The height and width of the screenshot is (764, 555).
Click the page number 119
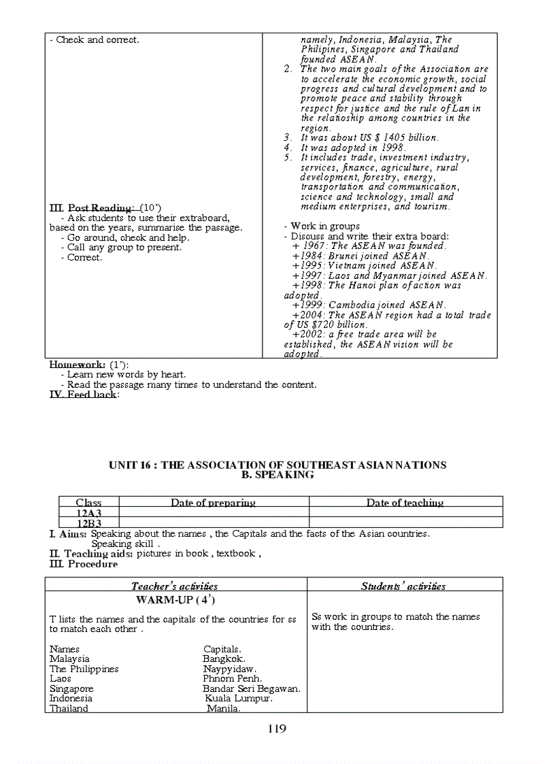tap(277, 729)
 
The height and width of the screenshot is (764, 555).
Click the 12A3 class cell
tap(88, 513)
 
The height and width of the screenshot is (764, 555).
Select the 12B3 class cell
tap(88, 523)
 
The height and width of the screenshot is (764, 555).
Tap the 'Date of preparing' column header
tap(213, 503)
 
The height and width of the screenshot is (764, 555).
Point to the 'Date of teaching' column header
tap(405, 503)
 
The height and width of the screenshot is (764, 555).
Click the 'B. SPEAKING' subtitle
tap(277, 475)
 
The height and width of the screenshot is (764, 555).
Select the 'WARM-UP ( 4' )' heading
tap(175, 599)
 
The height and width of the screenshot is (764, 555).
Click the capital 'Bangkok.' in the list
tap(224, 659)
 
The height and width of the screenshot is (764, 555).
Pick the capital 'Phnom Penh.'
tap(232, 678)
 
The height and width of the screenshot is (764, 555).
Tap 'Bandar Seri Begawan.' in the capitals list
tap(251, 688)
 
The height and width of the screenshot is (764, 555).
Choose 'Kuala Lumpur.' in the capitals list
tap(239, 698)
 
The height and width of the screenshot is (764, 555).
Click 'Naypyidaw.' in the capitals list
tap(229, 669)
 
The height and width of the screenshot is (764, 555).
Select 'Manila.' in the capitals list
tap(224, 708)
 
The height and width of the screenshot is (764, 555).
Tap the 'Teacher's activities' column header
tap(175, 586)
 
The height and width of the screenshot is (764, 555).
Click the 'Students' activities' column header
tap(403, 586)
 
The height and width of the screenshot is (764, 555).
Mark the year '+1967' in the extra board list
tap(304, 246)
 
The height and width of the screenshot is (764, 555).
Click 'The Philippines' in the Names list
tap(84, 669)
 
